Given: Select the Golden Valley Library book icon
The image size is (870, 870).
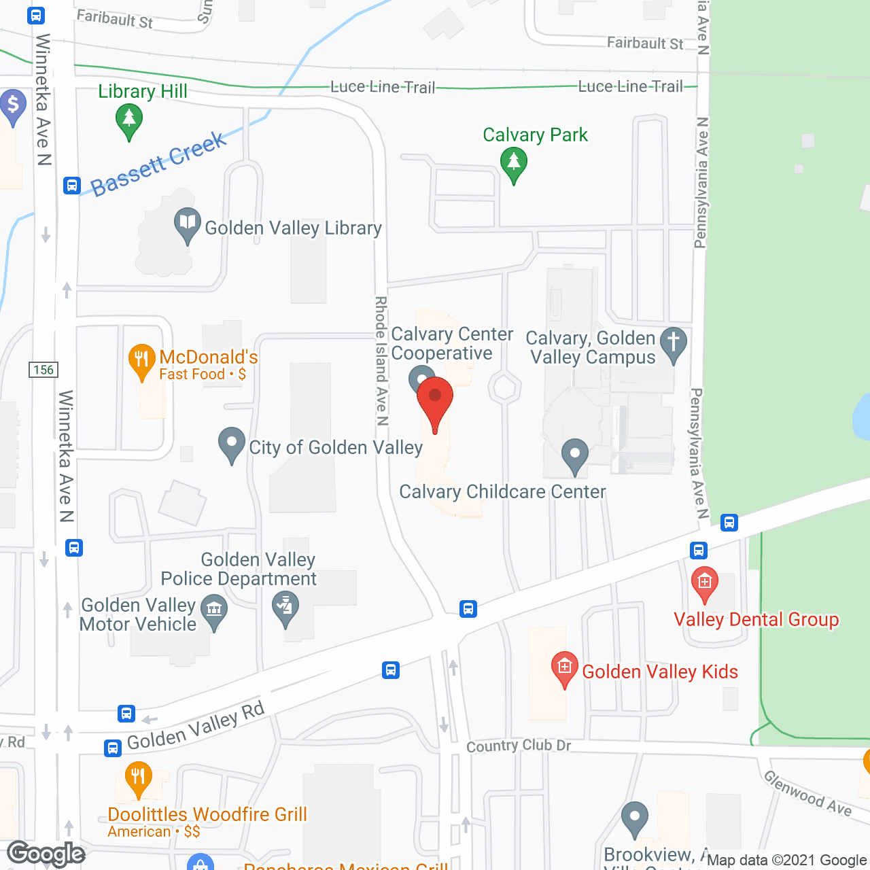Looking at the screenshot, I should click(x=187, y=223).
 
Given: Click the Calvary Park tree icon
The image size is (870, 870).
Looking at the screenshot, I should click(x=514, y=164).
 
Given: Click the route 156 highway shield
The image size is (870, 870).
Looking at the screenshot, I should click(x=43, y=370).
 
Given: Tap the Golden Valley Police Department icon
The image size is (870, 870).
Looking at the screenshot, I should click(x=285, y=606).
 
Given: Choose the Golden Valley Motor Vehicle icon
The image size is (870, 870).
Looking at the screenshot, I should click(x=214, y=610).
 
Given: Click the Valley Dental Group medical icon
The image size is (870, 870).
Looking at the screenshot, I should click(x=704, y=582).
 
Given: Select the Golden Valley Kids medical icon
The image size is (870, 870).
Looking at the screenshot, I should click(x=564, y=667).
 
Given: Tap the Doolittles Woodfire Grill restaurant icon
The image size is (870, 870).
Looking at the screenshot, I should click(x=138, y=777).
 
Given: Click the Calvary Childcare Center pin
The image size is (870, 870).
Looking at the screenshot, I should click(x=575, y=455).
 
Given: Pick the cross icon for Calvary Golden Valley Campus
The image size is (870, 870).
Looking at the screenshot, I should click(x=674, y=342).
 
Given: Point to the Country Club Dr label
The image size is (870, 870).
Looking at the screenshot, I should click(x=519, y=746).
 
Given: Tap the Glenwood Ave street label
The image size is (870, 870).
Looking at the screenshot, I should click(x=807, y=792).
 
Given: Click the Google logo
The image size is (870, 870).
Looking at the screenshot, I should click(x=46, y=854).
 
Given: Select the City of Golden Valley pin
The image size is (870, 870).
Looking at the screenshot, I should click(x=232, y=442).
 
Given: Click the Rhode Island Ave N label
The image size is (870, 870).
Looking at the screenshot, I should click(x=381, y=360).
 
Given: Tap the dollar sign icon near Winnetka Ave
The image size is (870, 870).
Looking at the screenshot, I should click(x=12, y=106).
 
